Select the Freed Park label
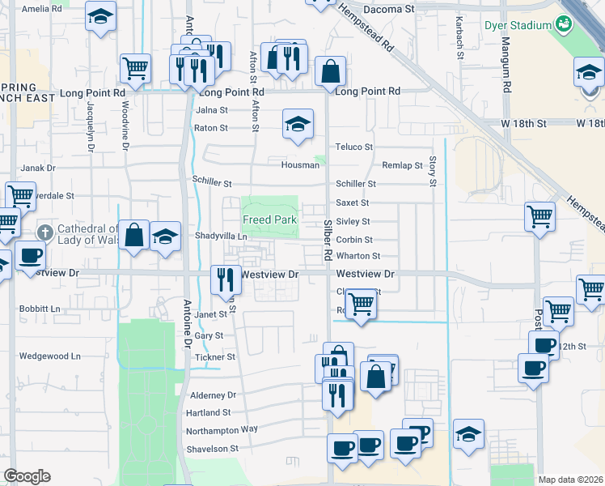tap(270, 220)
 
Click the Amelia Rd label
tap(41, 9)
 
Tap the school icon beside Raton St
tap(298, 125)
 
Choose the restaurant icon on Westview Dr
tap(226, 279)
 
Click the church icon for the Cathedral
tap(44, 232)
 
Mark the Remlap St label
tap(402, 165)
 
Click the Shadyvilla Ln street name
tap(220, 236)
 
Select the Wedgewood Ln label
tap(50, 356)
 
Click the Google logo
tap(27, 476)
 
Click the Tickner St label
tap(215, 356)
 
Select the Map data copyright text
tap(570, 480)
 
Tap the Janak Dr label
tap(37, 168)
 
